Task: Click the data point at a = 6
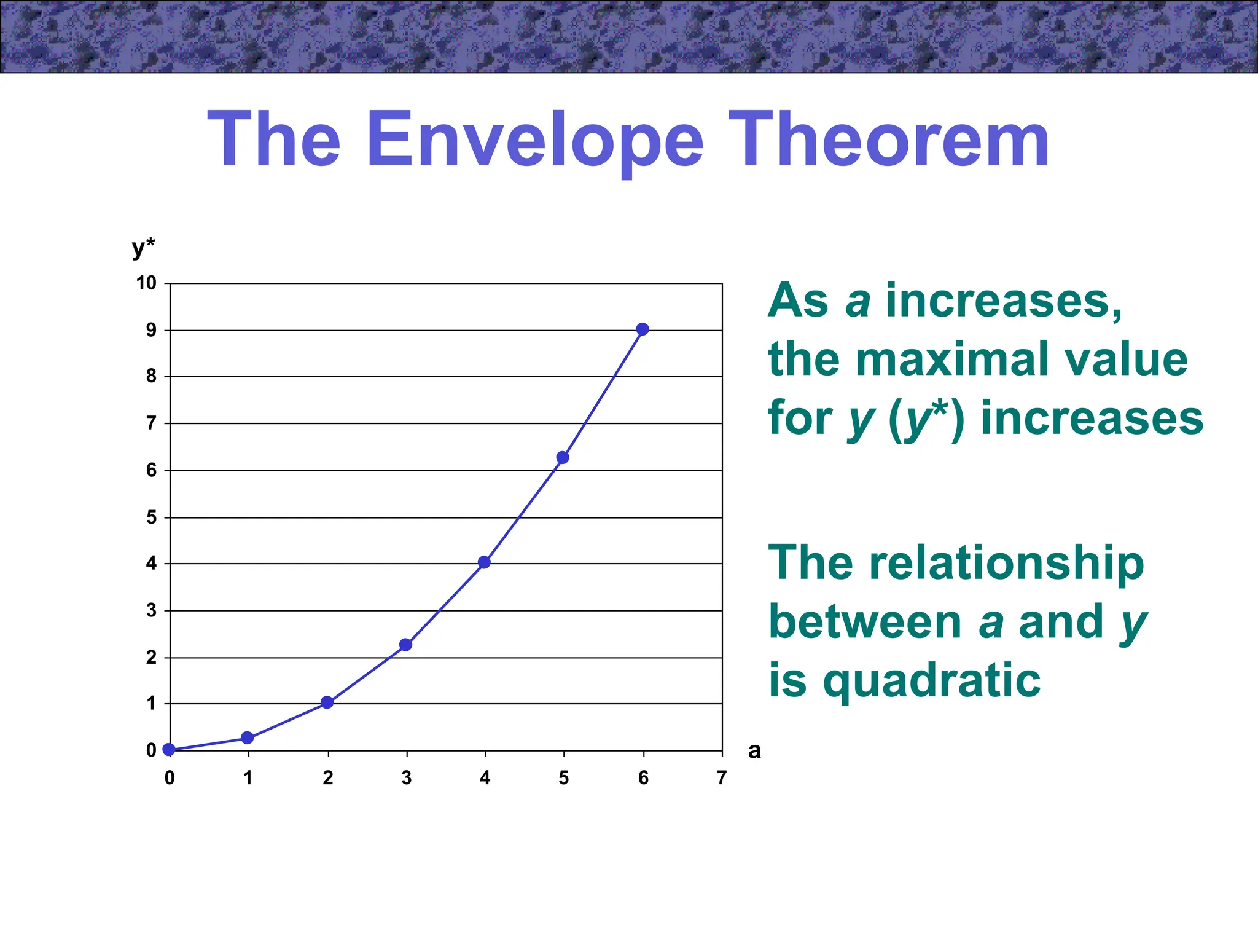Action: [x=643, y=329]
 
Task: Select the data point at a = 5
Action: [x=563, y=457]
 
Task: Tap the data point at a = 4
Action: [x=484, y=562]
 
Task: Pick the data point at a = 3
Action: [x=405, y=645]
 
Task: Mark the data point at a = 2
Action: [x=327, y=702]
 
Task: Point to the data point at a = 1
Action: [x=248, y=737]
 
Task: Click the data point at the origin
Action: [x=170, y=749]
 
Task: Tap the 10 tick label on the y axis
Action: [x=146, y=283]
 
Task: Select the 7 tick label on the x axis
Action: [x=722, y=778]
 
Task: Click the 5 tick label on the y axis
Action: [x=151, y=517]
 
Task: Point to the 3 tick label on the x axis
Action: [x=406, y=778]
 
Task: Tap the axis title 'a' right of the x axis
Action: [x=754, y=750]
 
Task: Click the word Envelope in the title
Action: [x=534, y=141]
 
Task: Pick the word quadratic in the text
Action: [x=932, y=682]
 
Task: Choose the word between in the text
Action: [x=865, y=621]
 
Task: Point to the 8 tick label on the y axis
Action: [x=151, y=376]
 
